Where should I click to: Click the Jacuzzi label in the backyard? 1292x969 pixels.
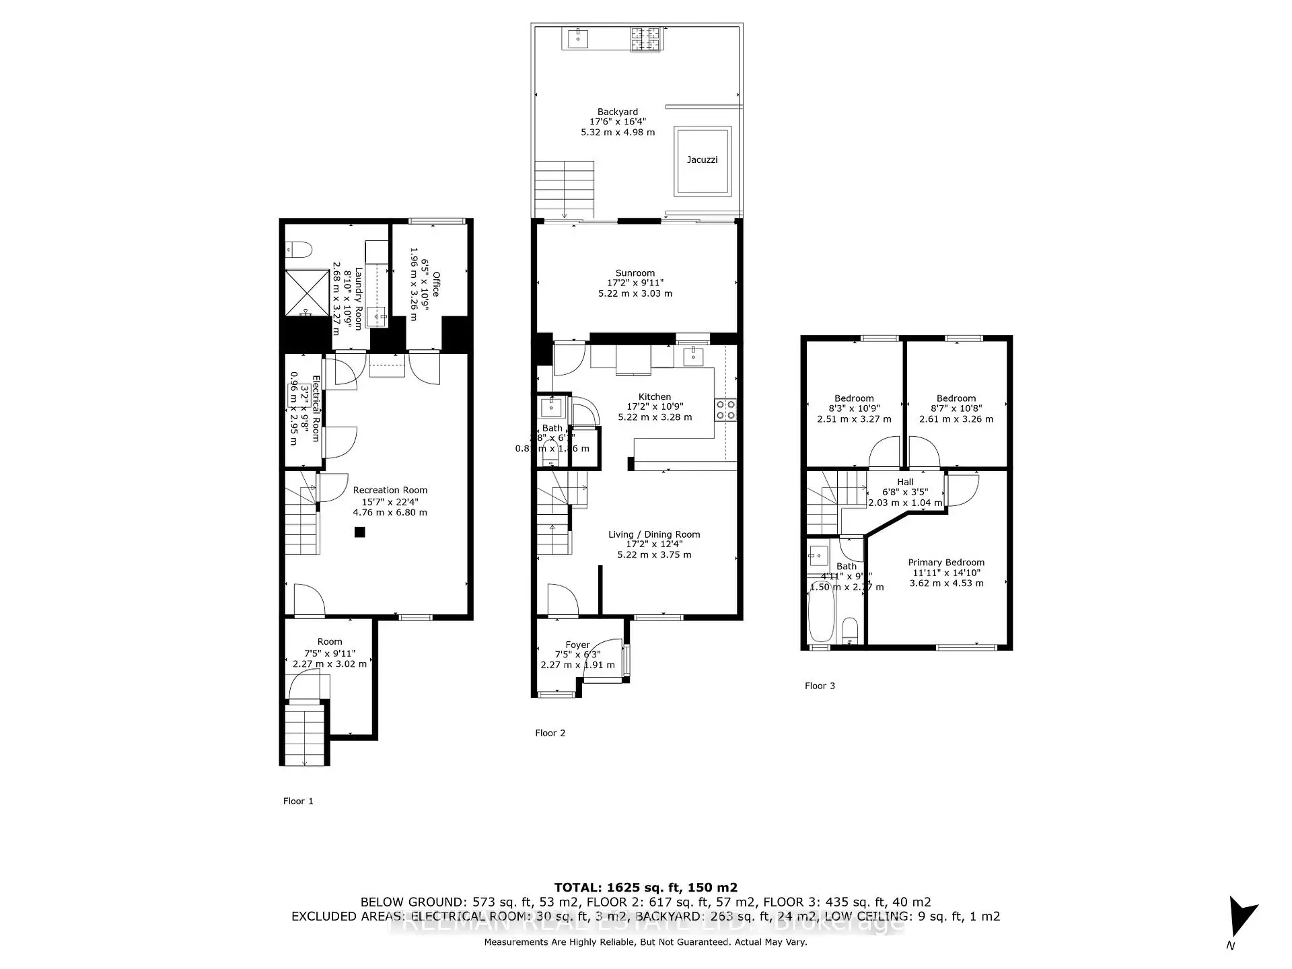(x=702, y=159)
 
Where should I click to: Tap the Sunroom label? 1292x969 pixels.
(x=635, y=273)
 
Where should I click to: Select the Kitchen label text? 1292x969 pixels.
(x=654, y=397)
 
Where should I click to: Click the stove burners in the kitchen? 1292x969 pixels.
(x=725, y=410)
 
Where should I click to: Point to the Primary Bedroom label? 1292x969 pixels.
(x=945, y=563)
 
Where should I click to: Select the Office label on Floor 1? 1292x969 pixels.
(x=436, y=284)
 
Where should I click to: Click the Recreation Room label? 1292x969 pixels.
(x=390, y=491)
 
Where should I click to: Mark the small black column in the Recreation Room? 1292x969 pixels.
(x=360, y=532)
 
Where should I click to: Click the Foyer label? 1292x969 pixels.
(x=577, y=645)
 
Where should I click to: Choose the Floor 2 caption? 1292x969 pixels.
(x=550, y=733)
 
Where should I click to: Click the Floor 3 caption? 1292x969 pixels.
(x=820, y=686)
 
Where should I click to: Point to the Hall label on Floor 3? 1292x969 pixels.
(x=905, y=482)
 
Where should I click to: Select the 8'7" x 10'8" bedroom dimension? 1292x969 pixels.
(x=956, y=408)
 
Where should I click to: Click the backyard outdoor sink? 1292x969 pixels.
(x=577, y=38)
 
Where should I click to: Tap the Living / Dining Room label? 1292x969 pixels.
(x=654, y=534)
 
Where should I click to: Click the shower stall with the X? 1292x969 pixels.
(x=307, y=293)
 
